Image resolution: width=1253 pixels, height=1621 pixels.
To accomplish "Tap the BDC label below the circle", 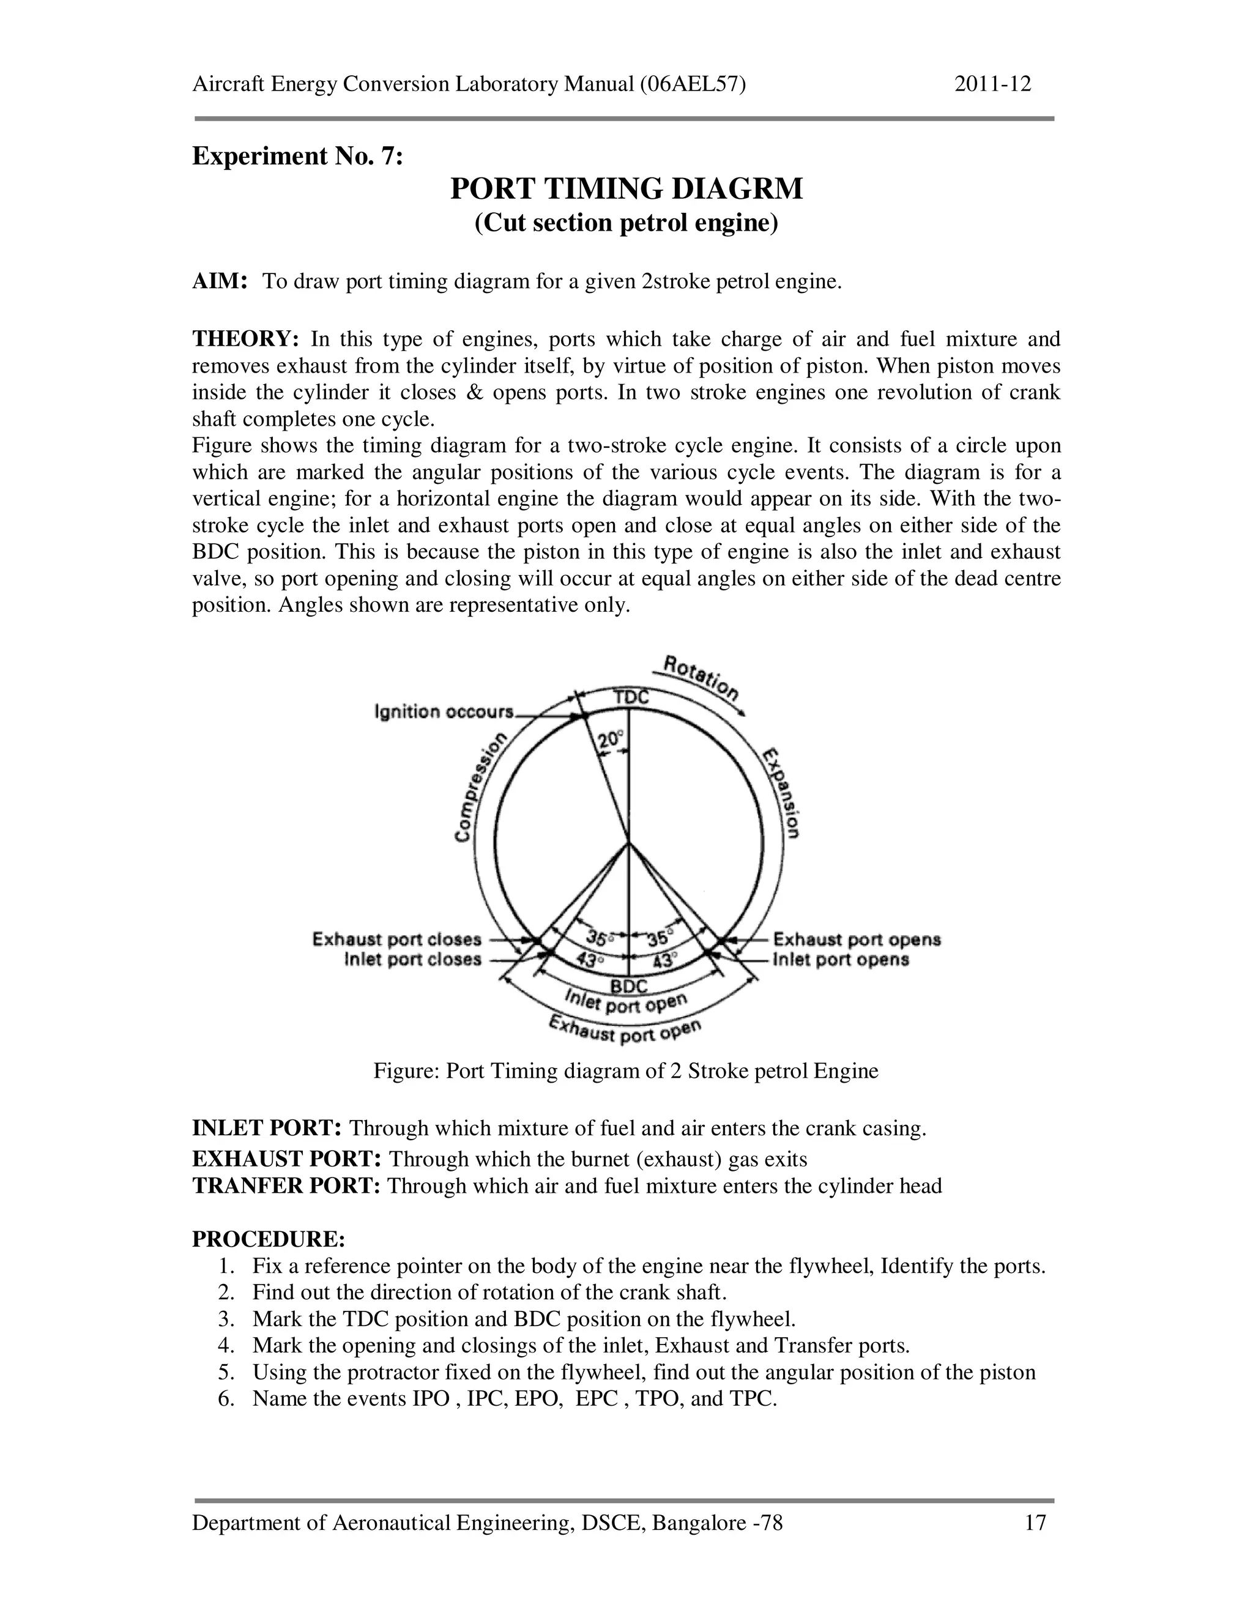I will click(629, 985).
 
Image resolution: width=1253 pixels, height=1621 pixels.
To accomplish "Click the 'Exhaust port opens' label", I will click(857, 940).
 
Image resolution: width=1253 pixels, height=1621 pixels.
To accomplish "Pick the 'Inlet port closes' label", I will click(413, 960).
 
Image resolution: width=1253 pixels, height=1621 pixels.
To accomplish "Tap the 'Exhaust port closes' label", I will click(396, 940).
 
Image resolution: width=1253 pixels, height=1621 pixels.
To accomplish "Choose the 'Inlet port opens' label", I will click(841, 960).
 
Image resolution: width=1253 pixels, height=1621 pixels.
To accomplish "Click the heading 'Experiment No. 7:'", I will click(297, 157).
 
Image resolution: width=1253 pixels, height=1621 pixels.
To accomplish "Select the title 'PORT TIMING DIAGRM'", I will click(626, 189).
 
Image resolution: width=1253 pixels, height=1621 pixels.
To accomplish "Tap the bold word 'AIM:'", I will click(219, 282).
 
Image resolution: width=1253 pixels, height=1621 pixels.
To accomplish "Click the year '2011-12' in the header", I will click(992, 84).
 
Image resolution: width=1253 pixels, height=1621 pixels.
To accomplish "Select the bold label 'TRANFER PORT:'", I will click(286, 1185).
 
